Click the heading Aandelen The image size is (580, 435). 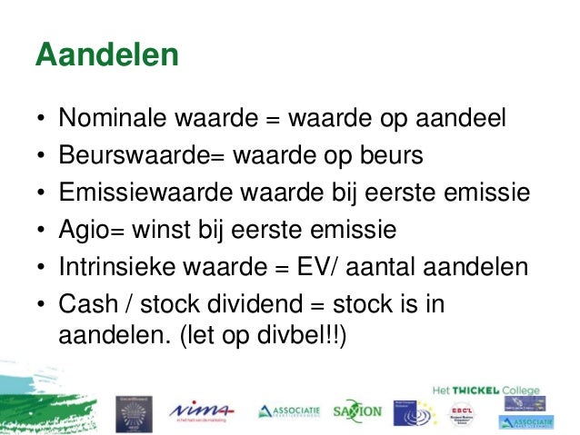[105, 55]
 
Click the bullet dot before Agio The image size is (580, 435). [42, 229]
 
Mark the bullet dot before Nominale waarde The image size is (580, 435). [42, 120]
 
